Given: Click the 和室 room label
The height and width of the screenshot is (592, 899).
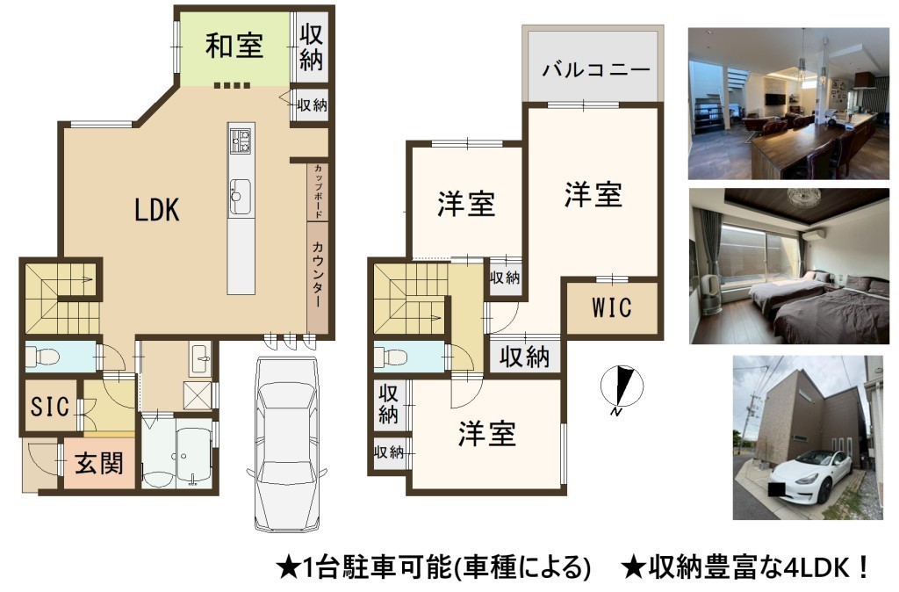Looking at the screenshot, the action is click(234, 46).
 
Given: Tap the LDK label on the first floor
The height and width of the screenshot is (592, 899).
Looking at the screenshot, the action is click(156, 210).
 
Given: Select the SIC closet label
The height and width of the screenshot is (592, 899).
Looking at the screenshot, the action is click(50, 407).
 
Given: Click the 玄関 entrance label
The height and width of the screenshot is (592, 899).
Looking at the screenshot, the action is click(99, 463).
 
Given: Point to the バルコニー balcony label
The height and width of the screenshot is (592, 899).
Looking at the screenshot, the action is click(596, 70).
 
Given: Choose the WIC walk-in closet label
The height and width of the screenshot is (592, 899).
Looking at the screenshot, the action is click(612, 307).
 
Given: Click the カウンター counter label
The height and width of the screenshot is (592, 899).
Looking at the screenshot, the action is click(317, 274).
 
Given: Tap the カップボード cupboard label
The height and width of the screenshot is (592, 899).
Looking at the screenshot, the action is click(318, 191).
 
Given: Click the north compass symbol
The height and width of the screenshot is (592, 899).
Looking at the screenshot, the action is click(622, 386).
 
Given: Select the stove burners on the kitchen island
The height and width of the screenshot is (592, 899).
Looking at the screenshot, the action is click(241, 141).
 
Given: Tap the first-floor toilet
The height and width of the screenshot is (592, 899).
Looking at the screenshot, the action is click(44, 357).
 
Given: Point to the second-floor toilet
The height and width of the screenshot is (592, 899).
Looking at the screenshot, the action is click(392, 357).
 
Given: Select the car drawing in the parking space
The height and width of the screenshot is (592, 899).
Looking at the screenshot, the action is click(287, 444).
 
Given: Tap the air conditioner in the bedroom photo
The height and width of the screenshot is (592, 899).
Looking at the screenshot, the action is click(812, 234).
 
